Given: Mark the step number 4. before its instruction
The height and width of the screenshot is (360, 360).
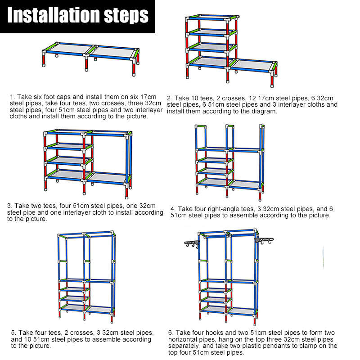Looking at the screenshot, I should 173,209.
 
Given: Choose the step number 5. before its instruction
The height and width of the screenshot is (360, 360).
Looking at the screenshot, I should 13,333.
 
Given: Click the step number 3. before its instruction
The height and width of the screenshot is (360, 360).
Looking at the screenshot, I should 9,206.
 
